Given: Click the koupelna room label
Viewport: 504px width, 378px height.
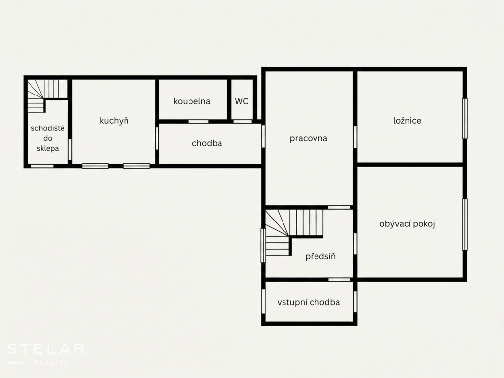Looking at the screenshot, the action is pos(192,101).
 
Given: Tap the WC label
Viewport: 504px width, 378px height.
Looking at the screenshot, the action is pos(242,101).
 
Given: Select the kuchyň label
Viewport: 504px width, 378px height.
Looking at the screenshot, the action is pos(114,121).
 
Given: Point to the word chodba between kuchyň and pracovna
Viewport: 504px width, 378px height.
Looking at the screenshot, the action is pos(207,143).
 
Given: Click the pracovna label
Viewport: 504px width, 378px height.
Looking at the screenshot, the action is pos(309,138).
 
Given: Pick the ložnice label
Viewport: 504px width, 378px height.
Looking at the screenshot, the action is pos(407,121).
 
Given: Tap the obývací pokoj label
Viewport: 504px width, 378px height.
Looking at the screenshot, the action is pos(407,224).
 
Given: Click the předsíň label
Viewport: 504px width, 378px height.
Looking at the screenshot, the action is pos(320,256).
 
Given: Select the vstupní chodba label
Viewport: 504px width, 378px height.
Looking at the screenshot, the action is pos(309,302).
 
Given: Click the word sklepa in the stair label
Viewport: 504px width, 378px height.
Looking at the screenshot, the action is pos(48,149).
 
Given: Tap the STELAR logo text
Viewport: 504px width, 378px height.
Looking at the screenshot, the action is pos(46,349).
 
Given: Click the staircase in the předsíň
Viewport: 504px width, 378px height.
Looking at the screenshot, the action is pos(293,232).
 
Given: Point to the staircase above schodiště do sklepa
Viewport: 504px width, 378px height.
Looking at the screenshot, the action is pos(47,96).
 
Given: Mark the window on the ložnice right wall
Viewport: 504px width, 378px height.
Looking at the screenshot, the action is pos(465,119).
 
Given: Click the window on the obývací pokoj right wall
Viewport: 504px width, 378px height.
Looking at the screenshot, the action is pos(465,224).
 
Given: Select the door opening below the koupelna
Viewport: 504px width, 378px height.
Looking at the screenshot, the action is pos(198,121).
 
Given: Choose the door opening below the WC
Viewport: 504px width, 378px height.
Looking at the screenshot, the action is pos(242,121).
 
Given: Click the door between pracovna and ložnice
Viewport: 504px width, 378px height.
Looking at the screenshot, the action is pos(355,137).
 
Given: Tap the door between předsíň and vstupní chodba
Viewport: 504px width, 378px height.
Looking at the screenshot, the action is pos(339,280).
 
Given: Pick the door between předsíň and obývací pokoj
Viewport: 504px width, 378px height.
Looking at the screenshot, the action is pos(355,244).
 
